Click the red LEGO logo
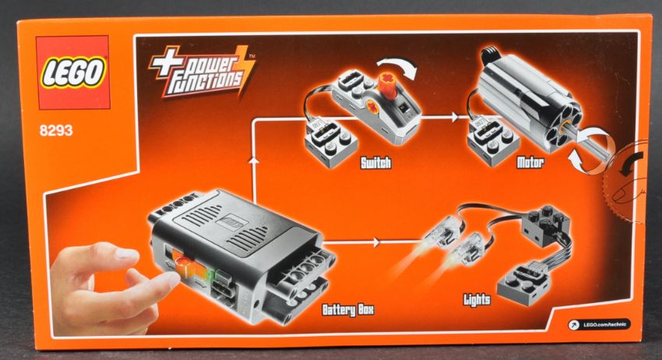(72, 72)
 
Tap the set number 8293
(56, 131)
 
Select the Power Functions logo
(202, 72)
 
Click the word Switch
(375, 163)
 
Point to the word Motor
(530, 162)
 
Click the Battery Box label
(348, 309)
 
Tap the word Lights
(477, 300)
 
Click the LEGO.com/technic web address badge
(600, 324)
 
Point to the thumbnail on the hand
(127, 254)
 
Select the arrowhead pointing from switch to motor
(454, 117)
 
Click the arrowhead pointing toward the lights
(377, 242)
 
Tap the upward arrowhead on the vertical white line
(253, 159)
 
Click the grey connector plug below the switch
(331, 143)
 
